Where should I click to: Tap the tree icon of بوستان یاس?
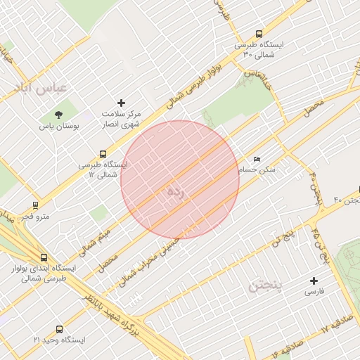click(58, 115)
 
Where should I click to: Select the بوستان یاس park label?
click(59, 127)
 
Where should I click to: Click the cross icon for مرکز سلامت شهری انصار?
click(121, 103)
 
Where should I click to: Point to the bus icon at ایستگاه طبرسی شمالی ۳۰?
click(259, 33)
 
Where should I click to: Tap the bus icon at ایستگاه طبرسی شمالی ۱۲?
click(103, 154)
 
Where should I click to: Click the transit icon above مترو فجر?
click(35, 205)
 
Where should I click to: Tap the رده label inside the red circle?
click(179, 193)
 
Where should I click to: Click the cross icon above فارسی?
click(314, 281)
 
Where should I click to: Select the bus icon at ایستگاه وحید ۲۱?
click(58, 328)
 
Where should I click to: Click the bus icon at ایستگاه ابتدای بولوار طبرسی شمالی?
click(44, 257)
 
